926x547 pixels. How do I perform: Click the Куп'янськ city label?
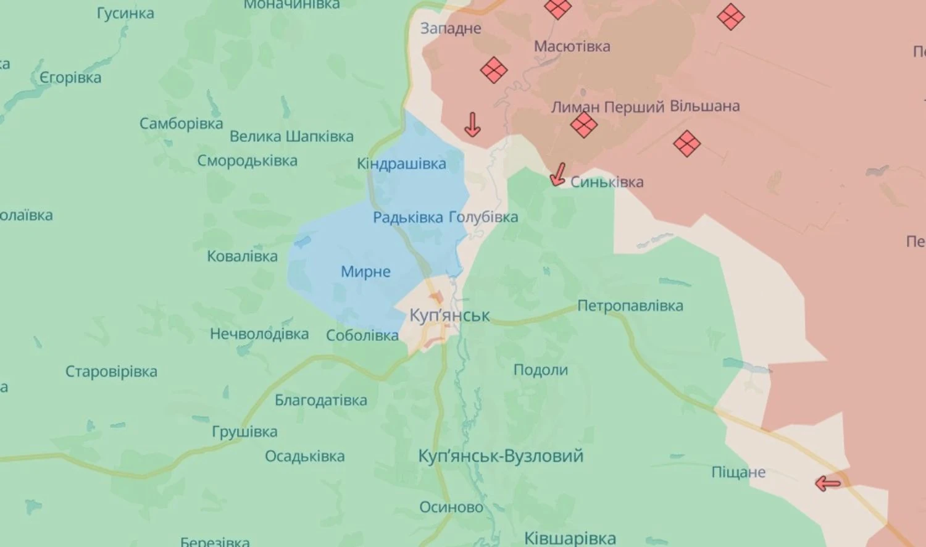449,315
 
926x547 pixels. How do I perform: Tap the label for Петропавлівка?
630,306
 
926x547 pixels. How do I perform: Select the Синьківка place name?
606,182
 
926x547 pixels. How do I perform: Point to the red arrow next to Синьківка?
558,174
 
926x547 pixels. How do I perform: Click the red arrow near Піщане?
828,483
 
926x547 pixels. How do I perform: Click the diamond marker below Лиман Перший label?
583,125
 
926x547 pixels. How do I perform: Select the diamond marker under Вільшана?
686,144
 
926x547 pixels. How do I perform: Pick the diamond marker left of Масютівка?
493,70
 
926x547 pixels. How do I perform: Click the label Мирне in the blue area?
365,272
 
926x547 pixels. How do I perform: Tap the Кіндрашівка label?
401,164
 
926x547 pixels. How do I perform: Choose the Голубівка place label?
483,217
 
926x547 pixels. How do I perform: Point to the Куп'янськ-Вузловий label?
501,456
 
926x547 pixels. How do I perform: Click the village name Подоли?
540,370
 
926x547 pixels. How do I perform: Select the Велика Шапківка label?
291,136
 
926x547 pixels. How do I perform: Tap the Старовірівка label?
111,372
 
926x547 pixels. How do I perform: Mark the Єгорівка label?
70,78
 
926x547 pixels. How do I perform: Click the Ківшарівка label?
570,538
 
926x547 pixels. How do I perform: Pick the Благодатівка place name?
320,400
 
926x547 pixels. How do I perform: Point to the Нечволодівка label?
259,334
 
